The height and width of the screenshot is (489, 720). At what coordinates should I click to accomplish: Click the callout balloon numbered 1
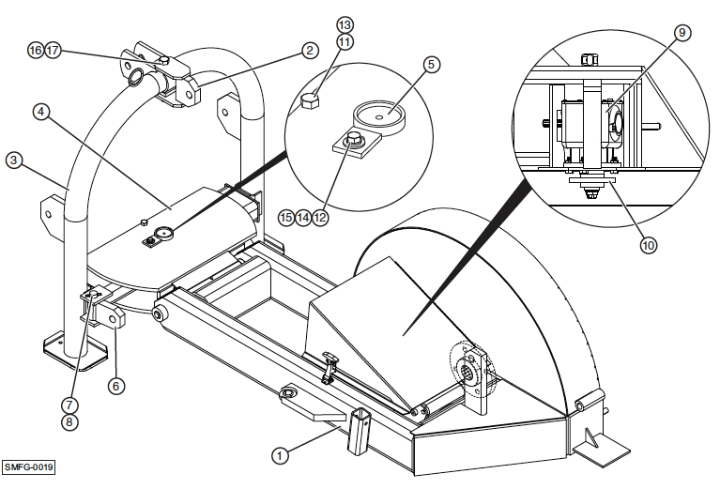(x=279, y=455)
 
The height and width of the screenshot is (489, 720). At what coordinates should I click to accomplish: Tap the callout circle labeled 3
(x=14, y=160)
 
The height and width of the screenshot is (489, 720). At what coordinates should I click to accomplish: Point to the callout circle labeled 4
(x=40, y=111)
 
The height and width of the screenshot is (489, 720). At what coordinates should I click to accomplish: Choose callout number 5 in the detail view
(x=431, y=65)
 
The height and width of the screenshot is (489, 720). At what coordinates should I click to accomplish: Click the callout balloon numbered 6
(x=116, y=384)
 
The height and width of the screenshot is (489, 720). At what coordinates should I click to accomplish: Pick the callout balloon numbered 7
(x=69, y=405)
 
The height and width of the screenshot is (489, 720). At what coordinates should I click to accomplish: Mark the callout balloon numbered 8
(x=69, y=422)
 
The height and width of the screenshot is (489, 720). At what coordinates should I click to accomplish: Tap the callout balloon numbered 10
(x=648, y=246)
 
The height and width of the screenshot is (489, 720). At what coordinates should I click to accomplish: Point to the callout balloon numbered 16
(x=36, y=51)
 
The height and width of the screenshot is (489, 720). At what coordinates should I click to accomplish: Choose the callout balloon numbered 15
(x=286, y=217)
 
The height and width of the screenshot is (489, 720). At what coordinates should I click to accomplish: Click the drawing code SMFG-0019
(x=28, y=466)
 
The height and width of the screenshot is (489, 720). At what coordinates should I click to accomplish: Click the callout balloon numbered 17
(x=53, y=51)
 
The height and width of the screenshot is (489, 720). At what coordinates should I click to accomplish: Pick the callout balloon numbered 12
(x=321, y=217)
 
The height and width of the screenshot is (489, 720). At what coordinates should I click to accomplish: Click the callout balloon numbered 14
(x=303, y=217)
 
